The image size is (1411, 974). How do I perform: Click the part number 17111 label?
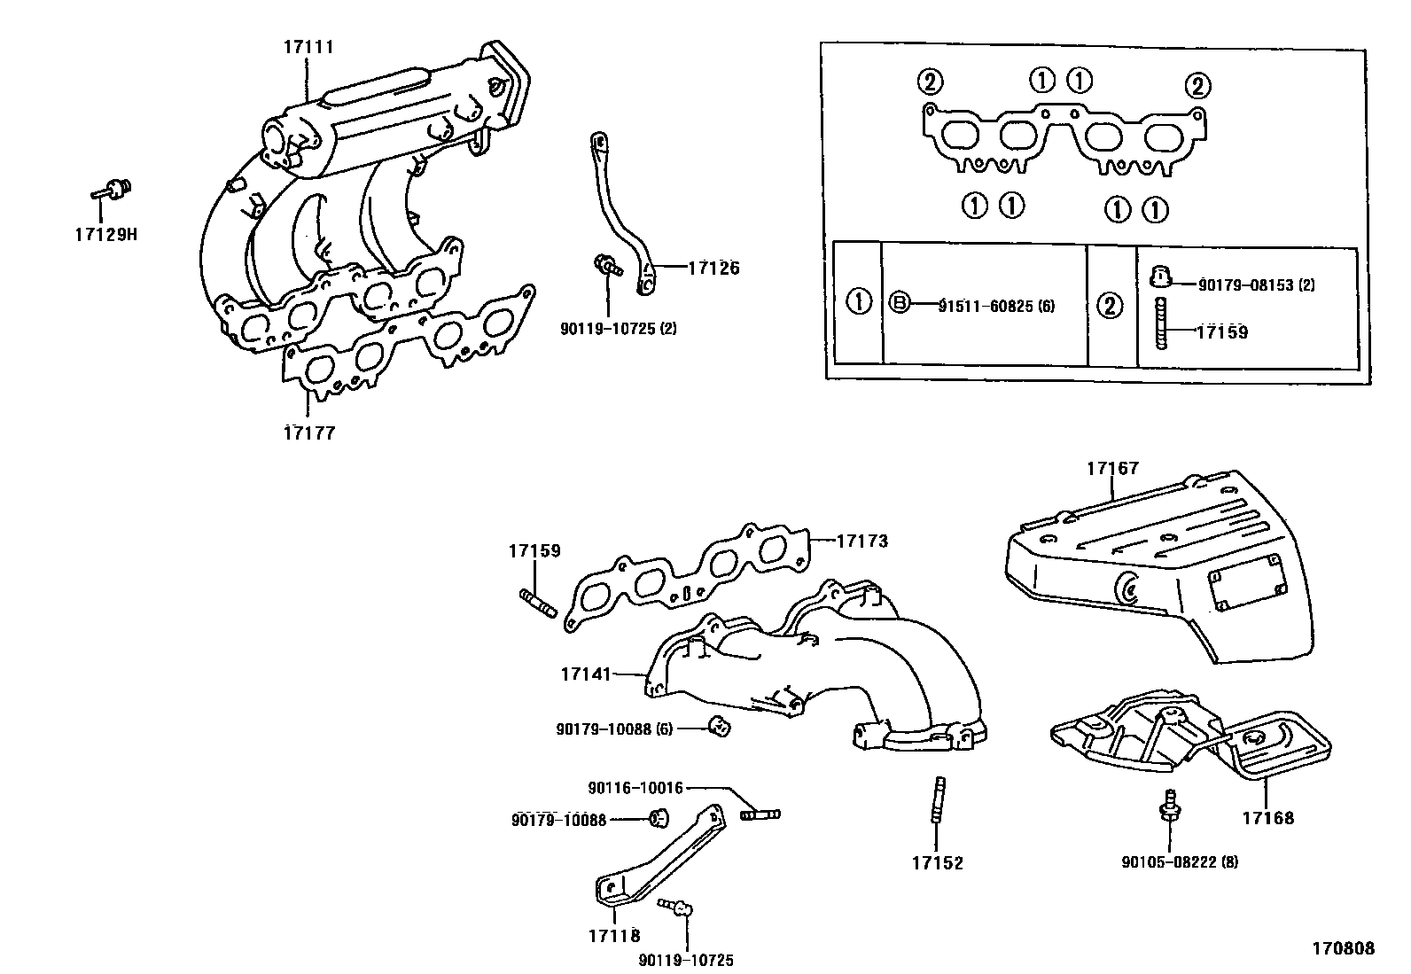pos(308,47)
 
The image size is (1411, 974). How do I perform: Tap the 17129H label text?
pos(105,235)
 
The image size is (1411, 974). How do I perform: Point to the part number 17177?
pos(309,433)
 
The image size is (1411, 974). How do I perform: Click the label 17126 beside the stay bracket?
pos(713,268)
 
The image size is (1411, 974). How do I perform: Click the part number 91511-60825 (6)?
pos(996,306)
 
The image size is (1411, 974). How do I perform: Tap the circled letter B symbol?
pos(899,303)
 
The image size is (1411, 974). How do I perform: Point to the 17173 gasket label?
pos(861,540)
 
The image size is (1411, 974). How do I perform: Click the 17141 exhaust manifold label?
pos(586,674)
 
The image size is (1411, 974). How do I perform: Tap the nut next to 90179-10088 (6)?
pos(721,728)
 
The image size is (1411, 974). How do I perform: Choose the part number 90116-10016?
pos(635,788)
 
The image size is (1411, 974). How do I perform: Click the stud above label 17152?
pos(939,799)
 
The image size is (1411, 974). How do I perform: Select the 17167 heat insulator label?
pos(1112,468)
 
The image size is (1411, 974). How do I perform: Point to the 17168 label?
pos(1267,817)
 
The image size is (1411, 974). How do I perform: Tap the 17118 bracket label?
pos(613,934)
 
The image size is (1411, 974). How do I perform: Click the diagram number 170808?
pos(1343,948)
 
